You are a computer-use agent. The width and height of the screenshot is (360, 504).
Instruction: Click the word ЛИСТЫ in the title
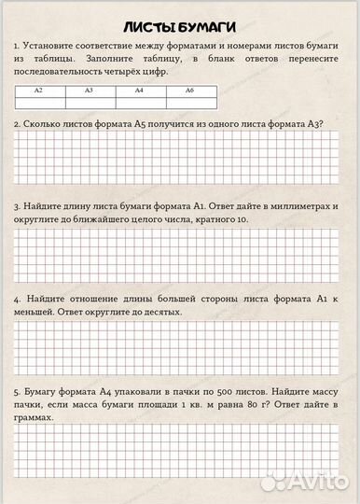click(152, 26)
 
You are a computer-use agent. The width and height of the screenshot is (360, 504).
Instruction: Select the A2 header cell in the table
click(38, 90)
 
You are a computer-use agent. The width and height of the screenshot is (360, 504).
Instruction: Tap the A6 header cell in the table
click(189, 90)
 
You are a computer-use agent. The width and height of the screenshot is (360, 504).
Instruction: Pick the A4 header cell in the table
click(139, 90)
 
